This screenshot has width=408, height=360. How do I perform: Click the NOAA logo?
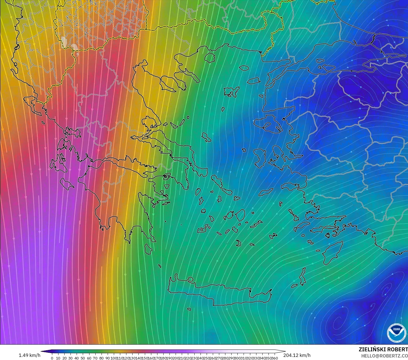396,332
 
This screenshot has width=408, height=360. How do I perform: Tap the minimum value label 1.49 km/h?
29,355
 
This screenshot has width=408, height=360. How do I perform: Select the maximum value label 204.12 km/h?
297,355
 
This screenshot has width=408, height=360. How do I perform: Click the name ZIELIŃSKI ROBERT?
383,349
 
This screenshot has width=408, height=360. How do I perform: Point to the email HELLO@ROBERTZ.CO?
385,356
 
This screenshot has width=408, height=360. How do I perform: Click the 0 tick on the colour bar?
52,358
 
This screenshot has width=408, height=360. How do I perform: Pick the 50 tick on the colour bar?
83,358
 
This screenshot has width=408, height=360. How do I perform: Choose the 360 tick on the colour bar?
275,358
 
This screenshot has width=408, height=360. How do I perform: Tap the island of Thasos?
209,57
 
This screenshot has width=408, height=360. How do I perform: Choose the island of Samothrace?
244,68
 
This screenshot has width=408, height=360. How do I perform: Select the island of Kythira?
148,249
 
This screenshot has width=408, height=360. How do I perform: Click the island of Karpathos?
302,276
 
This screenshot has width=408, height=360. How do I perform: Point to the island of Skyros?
206,137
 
